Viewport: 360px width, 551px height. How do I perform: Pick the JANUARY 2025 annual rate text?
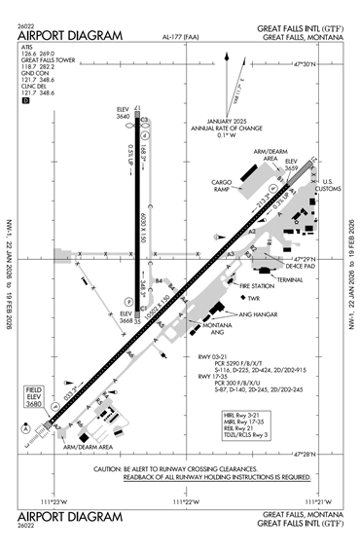pyautogui.click(x=207, y=124)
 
